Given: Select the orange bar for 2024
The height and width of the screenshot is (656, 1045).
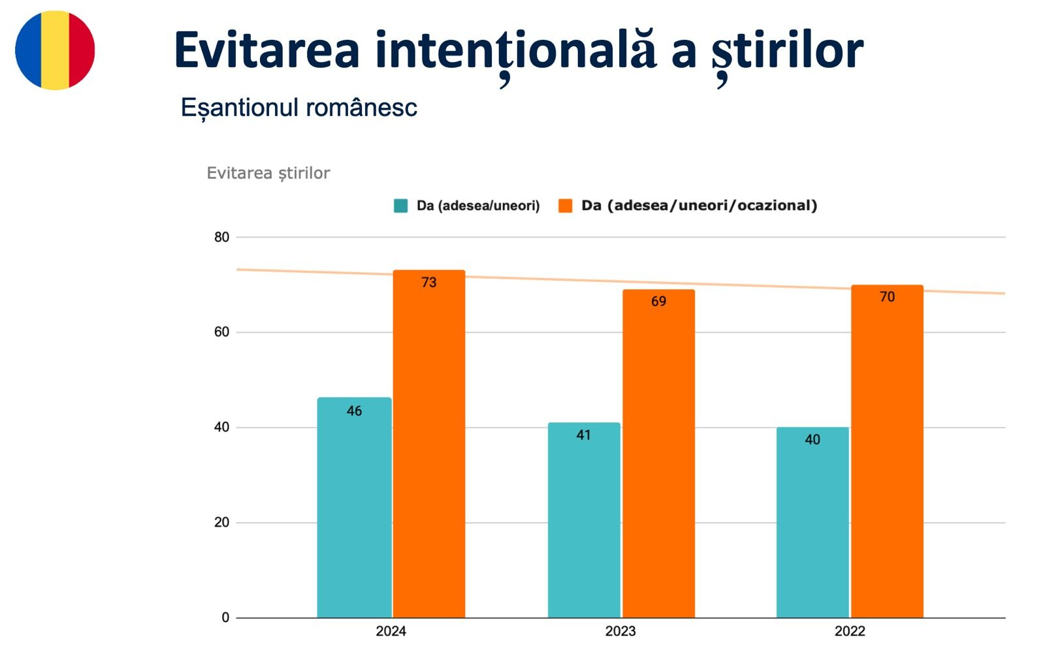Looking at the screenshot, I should [x=428, y=444].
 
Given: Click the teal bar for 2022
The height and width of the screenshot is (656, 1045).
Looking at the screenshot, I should [x=812, y=522].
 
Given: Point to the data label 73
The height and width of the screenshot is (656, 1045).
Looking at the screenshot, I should [x=428, y=283].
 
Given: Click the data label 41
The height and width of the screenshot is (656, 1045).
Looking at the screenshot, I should [x=583, y=435].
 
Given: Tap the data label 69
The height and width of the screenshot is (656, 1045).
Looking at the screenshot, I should [x=658, y=302].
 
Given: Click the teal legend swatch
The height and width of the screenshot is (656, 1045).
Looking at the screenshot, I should [x=400, y=206].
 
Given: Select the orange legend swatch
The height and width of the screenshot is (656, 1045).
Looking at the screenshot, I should [x=565, y=206].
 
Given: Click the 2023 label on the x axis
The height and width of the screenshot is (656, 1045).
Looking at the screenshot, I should [x=620, y=631].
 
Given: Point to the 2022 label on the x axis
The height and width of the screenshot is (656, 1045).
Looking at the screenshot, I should [x=849, y=631].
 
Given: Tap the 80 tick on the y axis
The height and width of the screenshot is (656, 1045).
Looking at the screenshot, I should [x=221, y=238].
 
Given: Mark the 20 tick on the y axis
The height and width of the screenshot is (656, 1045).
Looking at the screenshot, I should [x=221, y=522].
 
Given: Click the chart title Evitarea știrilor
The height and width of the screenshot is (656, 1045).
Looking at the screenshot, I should [x=268, y=173].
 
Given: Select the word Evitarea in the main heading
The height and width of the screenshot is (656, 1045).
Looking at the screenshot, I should [x=266, y=51].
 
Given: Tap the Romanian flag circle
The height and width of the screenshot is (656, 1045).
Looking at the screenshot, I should [x=55, y=50].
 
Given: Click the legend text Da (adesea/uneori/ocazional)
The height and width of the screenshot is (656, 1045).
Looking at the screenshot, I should [x=699, y=206].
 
